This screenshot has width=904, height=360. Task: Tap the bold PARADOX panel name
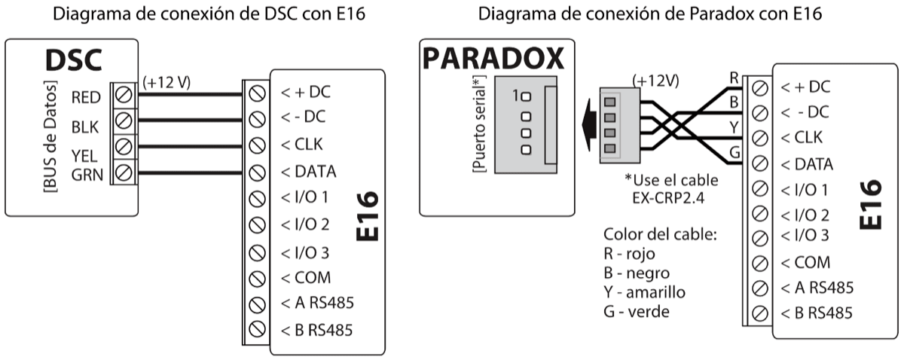click(492, 59)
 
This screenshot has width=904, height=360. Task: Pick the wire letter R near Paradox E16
click(734, 76)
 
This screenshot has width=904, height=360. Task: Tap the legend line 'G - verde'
click(639, 310)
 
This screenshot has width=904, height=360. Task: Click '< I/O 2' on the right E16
click(805, 214)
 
